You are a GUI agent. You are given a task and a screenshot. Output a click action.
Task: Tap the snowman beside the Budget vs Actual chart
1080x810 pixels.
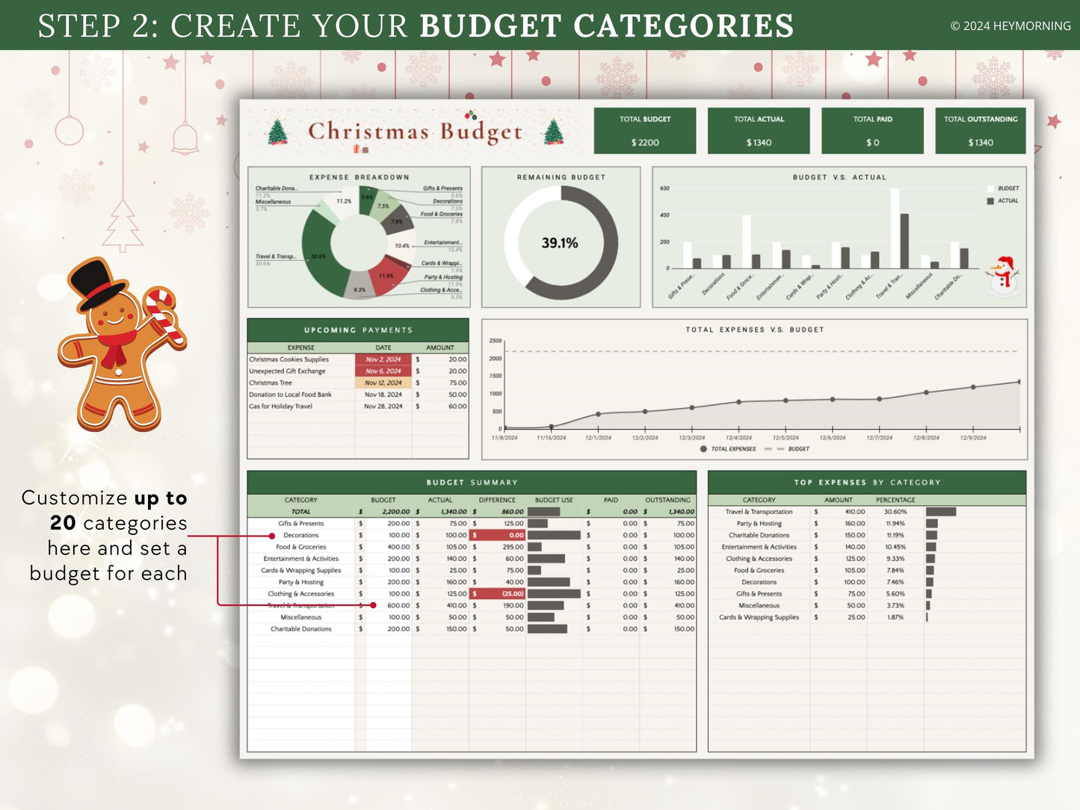point(1004,276)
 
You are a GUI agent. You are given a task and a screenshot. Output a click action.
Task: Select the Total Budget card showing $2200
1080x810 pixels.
point(645,131)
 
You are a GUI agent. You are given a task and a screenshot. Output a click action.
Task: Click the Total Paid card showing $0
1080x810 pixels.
point(872,131)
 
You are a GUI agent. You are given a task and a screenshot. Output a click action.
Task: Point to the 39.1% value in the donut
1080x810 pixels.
point(560,243)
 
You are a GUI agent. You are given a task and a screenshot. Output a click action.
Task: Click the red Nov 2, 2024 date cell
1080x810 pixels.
point(383,359)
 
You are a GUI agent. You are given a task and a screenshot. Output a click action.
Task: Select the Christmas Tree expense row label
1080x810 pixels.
point(271,383)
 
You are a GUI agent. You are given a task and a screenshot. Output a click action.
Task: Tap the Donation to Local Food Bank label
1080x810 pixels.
point(290,395)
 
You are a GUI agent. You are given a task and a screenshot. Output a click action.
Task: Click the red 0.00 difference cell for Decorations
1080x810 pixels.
point(498,535)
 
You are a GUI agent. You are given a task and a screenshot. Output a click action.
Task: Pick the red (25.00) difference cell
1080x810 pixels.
point(498,594)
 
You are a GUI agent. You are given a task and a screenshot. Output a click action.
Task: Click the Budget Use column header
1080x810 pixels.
point(554,500)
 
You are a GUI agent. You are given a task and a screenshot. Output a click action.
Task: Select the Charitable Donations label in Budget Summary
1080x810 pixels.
point(301,629)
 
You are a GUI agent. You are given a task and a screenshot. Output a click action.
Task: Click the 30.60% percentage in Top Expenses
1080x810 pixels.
point(895,512)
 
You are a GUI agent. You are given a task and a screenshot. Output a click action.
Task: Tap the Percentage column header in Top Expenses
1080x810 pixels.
point(895,500)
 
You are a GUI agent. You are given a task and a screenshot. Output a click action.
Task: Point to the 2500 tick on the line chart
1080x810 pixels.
point(496,341)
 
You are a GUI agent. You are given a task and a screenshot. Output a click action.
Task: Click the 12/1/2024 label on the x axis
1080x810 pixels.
point(598,438)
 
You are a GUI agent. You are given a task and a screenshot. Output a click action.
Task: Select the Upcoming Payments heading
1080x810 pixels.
point(358,330)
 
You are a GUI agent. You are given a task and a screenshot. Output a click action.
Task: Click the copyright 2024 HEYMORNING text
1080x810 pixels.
point(1010,26)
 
